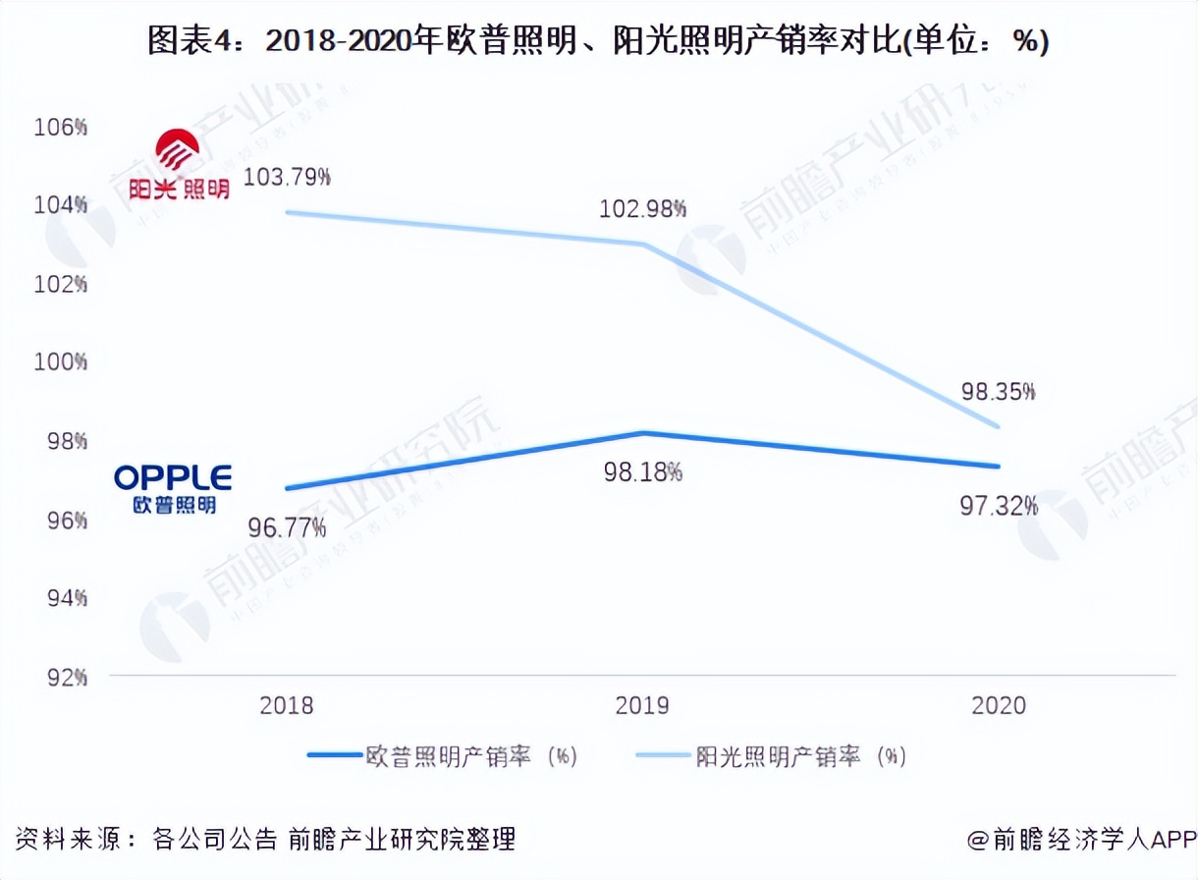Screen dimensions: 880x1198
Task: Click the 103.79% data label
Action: click(287, 178)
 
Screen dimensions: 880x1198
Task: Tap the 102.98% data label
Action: click(642, 209)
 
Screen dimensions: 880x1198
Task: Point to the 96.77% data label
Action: click(287, 528)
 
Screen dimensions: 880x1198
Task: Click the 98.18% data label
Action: click(642, 472)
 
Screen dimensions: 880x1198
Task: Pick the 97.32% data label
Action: click(998, 506)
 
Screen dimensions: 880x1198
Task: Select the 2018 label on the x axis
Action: click(287, 705)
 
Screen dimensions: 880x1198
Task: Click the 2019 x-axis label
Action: click(642, 705)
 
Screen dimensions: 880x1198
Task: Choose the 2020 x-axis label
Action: click(998, 705)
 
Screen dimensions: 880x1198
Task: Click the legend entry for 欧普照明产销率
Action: click(442, 756)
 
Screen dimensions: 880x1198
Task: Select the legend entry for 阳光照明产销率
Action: click(772, 756)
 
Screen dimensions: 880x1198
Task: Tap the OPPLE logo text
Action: click(173, 478)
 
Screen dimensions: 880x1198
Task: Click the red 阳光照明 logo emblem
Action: click(179, 150)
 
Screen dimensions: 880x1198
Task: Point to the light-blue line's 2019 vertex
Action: click(643, 244)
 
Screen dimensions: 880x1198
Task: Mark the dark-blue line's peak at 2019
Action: click(643, 432)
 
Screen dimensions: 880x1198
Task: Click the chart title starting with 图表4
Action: click(598, 41)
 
